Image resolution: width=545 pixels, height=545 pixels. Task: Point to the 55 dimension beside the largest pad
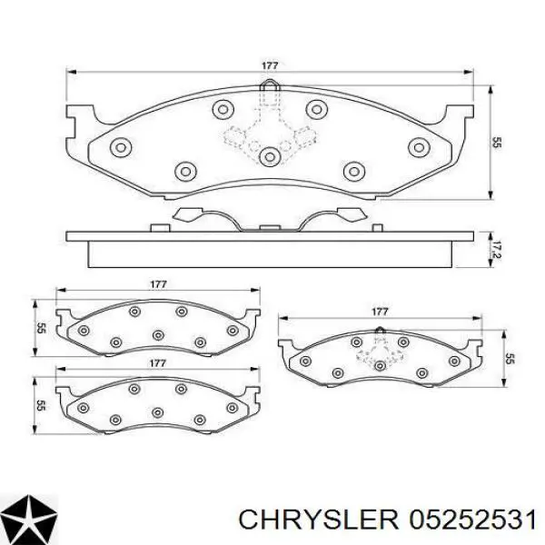coord(497,142)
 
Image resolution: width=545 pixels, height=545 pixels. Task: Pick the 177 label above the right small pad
coord(381,311)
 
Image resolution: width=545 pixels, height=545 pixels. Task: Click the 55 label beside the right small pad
coord(510,360)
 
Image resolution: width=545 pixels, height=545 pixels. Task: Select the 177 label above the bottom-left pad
coord(157,363)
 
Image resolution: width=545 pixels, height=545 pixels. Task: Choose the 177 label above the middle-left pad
coord(158,285)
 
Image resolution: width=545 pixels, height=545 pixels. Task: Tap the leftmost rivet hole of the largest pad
coord(117,147)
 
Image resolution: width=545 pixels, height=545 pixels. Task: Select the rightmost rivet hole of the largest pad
coord(419,147)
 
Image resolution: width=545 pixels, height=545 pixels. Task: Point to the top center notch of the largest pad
coord(269,91)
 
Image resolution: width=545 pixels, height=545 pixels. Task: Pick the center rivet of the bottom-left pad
coord(158,411)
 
